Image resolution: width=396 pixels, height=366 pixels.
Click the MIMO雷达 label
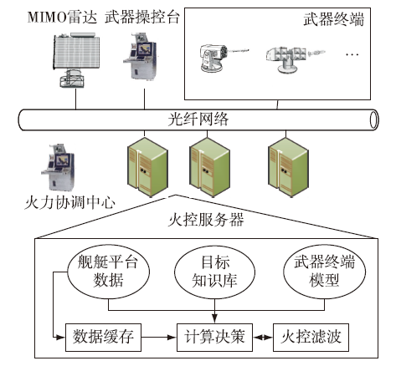(x=62, y=18)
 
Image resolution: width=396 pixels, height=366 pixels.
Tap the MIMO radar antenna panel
(x=76, y=53)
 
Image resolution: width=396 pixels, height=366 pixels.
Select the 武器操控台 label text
(x=142, y=18)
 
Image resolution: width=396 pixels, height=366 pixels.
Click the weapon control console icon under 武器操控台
(x=140, y=57)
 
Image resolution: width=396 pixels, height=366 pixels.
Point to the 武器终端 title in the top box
(x=334, y=19)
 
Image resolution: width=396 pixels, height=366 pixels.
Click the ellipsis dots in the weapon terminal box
(x=352, y=54)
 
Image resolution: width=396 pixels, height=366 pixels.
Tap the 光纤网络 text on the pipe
(x=198, y=119)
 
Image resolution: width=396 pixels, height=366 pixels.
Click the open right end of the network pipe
(x=374, y=120)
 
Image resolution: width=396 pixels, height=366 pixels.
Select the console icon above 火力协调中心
(x=58, y=167)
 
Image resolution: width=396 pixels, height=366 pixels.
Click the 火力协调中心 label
(x=69, y=202)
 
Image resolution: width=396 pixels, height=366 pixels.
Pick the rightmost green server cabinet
(x=288, y=167)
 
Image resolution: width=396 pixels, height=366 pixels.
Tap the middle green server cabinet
(x=210, y=167)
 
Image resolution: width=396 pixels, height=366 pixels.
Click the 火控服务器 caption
(x=206, y=220)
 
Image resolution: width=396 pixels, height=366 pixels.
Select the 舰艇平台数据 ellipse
(x=108, y=272)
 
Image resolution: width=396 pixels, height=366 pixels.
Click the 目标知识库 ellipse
(x=214, y=272)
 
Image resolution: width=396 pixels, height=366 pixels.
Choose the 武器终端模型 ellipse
(x=324, y=272)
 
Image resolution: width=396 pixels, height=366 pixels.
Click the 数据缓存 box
(x=103, y=337)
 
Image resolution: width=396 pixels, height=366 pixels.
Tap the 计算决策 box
(x=214, y=337)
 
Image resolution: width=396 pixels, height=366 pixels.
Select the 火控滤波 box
(x=311, y=337)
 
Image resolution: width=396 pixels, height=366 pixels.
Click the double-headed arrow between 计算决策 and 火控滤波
(x=263, y=338)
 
